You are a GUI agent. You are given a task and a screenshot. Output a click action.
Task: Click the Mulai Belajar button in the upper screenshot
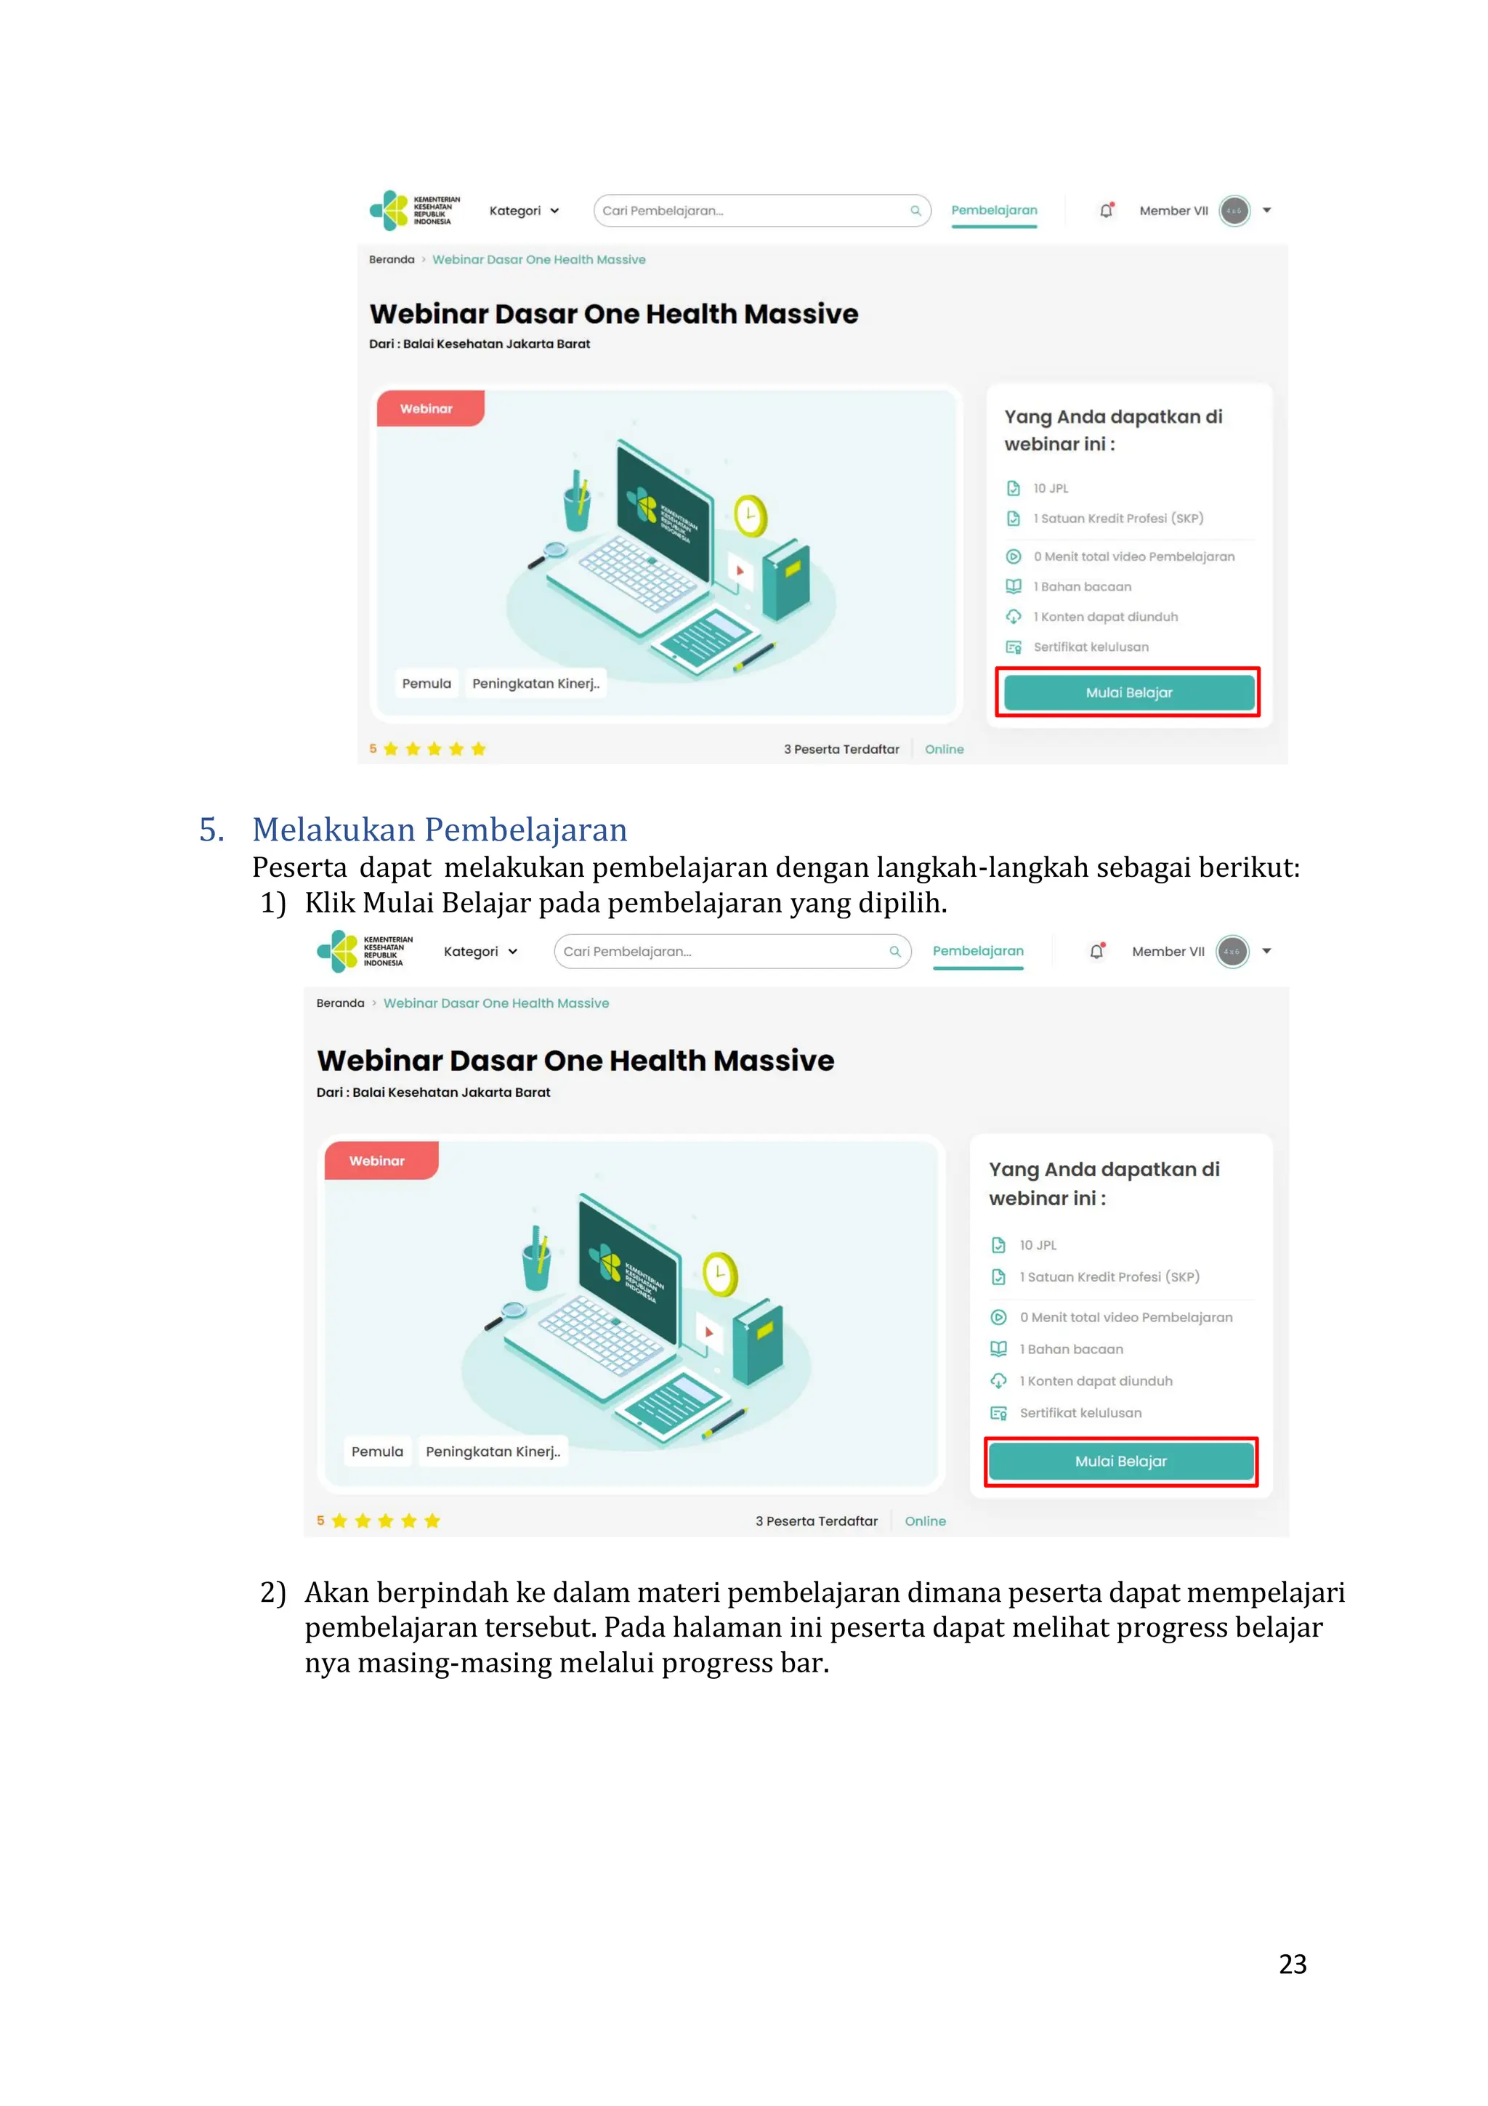1128,692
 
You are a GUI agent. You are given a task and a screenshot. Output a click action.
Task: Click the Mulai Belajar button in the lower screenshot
1120,1461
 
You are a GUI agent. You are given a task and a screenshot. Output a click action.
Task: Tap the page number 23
1292,1964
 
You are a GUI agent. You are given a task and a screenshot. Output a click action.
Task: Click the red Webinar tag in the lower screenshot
378,1161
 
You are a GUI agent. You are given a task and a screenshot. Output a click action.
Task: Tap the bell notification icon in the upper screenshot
1107,211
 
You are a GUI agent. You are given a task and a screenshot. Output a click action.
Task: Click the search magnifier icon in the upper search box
915,211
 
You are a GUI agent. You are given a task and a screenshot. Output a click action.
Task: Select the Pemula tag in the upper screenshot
426,684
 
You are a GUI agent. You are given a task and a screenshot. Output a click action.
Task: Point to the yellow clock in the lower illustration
720,1274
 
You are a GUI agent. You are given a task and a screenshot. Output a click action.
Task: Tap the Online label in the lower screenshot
925,1520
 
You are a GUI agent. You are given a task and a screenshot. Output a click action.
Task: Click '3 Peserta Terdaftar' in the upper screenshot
841,750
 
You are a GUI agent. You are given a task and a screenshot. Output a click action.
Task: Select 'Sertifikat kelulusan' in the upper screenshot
1090,647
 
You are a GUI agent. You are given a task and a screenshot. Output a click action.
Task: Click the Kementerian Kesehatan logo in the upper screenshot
415,210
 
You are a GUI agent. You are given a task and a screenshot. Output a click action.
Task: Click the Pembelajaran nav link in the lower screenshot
978,951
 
